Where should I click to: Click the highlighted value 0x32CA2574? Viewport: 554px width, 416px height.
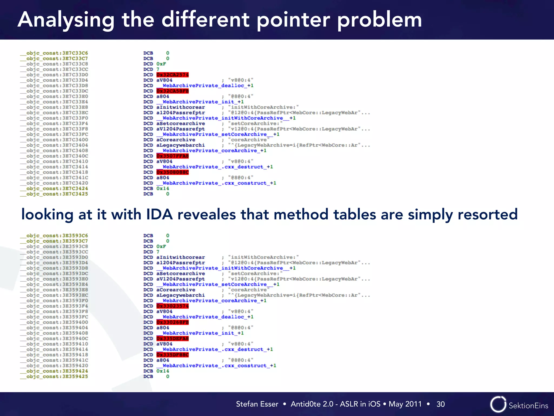172,75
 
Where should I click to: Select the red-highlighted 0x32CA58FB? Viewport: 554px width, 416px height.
172,91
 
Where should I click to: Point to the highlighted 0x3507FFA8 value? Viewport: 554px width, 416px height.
172,156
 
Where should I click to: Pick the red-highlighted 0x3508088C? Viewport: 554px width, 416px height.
172,172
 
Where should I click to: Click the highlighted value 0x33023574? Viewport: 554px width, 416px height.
172,306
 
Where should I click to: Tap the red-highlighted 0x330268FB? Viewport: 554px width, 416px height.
172,322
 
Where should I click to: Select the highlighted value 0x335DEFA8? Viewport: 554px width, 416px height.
172,339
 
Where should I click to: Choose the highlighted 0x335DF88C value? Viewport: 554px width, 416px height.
172,355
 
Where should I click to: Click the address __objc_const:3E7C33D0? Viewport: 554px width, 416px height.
54,75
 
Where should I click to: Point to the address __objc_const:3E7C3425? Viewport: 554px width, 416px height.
54,194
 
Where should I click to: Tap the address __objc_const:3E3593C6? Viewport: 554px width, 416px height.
54,236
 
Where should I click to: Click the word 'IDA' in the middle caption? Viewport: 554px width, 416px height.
159,214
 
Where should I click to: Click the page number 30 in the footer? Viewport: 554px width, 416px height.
440,404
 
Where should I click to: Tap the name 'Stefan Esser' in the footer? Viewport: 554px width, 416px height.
257,404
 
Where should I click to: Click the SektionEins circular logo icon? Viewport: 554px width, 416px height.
498,404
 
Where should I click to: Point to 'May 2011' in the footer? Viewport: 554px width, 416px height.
405,404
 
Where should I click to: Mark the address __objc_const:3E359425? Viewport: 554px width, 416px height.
54,376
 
